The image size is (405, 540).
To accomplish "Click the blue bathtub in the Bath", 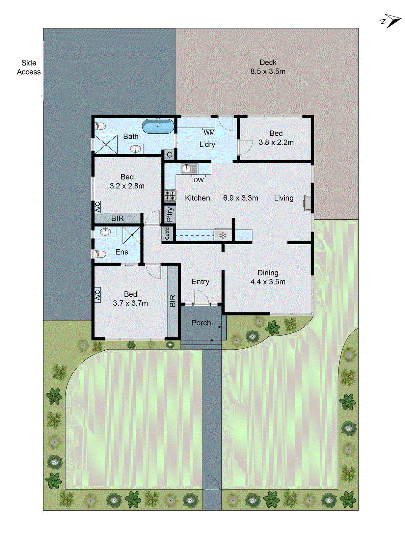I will pyautogui.click(x=158, y=126).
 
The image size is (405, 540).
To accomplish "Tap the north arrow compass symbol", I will pyautogui.click(x=391, y=21).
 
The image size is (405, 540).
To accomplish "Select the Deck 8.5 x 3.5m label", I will pyautogui.click(x=268, y=67).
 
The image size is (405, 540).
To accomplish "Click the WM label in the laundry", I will pyautogui.click(x=209, y=133).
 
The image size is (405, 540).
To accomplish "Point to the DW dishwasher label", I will pyautogui.click(x=198, y=180).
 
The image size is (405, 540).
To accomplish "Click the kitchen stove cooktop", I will pyautogui.click(x=170, y=195).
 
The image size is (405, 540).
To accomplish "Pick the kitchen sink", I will pyautogui.click(x=189, y=168).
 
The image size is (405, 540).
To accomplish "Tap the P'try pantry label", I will pyautogui.click(x=170, y=214).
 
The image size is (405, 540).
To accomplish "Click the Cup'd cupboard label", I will pyautogui.click(x=167, y=233).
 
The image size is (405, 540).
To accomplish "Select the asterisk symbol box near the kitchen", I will pyautogui.click(x=223, y=235).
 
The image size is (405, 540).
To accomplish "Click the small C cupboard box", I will pyautogui.click(x=169, y=155).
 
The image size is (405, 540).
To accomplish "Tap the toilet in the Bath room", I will pyautogui.click(x=100, y=126).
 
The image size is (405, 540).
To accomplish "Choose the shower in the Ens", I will pyautogui.click(x=131, y=235).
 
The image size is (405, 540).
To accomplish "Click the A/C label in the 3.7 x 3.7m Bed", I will pyautogui.click(x=98, y=295).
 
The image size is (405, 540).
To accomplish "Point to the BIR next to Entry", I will pyautogui.click(x=172, y=301).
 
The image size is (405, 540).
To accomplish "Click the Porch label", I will pyautogui.click(x=201, y=323).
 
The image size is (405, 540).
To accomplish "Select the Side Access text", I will pyautogui.click(x=29, y=67).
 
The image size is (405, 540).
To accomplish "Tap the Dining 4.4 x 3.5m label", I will pyautogui.click(x=268, y=277).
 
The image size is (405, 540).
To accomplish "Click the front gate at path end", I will pyautogui.click(x=212, y=482).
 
